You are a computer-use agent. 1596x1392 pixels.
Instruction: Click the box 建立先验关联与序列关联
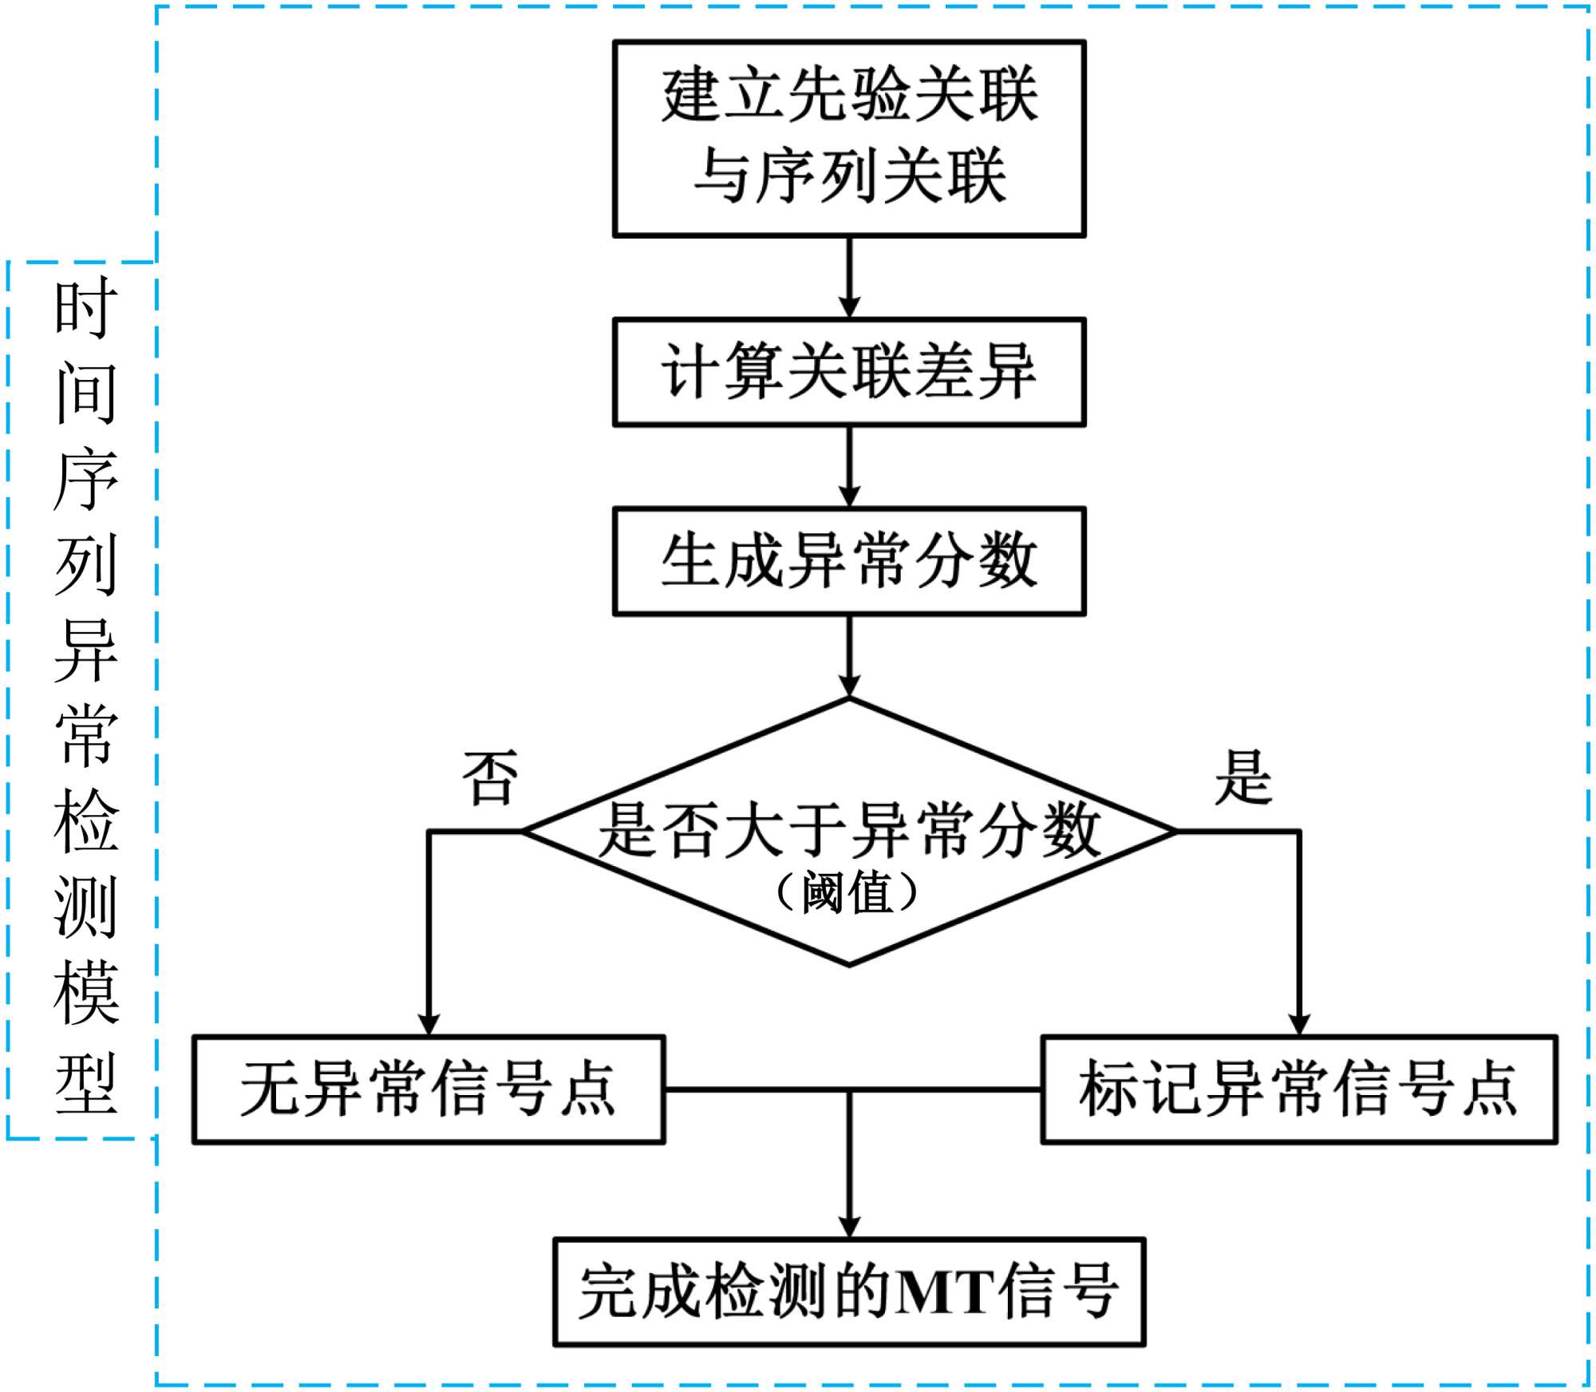pyautogui.click(x=849, y=139)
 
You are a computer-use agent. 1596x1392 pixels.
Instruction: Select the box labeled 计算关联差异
pyautogui.click(x=849, y=372)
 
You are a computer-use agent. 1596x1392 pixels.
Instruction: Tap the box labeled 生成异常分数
pyautogui.click(x=849, y=561)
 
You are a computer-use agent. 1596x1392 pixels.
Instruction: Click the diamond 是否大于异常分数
pyautogui.click(x=849, y=830)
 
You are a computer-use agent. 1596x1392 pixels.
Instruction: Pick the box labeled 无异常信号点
pyautogui.click(x=429, y=1089)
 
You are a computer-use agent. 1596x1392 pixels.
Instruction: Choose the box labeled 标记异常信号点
pyautogui.click(x=1298, y=1089)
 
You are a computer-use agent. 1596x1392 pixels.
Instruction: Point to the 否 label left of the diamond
pyautogui.click(x=490, y=777)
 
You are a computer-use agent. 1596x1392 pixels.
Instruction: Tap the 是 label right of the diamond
pyautogui.click(x=1242, y=777)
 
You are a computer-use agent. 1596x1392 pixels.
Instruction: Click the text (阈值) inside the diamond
pyautogui.click(x=847, y=892)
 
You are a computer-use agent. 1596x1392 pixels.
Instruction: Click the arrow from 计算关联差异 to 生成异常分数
pyautogui.click(x=849, y=466)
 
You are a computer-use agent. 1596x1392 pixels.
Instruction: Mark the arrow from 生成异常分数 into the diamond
pyautogui.click(x=849, y=655)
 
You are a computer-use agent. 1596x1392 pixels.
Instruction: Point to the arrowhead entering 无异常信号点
pyautogui.click(x=429, y=1025)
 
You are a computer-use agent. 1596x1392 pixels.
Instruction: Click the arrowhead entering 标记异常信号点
pyautogui.click(x=1299, y=1025)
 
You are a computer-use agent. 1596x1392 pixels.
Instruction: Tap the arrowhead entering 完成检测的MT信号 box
pyautogui.click(x=849, y=1227)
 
